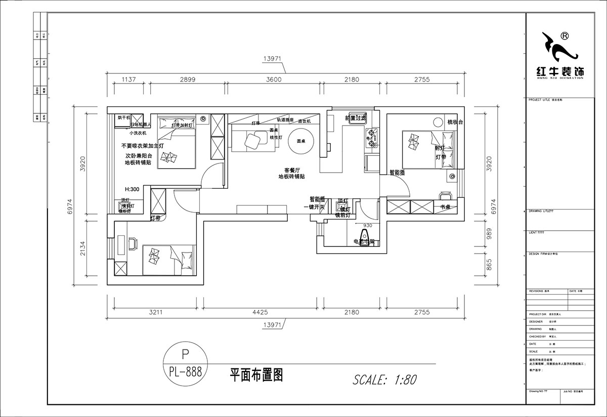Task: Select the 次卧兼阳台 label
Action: point(138,156)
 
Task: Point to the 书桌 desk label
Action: point(446,207)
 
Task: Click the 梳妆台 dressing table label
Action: point(455,122)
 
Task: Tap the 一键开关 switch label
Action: point(313,207)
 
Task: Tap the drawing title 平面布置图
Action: point(256,374)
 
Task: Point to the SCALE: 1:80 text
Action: point(384,379)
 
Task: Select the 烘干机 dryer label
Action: point(124,117)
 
